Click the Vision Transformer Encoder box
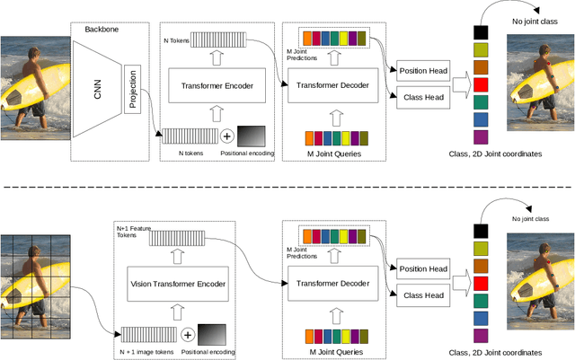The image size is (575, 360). tap(177, 285)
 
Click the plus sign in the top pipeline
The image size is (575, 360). tap(227, 136)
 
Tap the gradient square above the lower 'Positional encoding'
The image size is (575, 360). tap(212, 334)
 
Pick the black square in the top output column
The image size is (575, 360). tap(480, 32)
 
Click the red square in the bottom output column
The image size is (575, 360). tap(481, 282)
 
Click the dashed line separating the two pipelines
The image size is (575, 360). tap(287, 187)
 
